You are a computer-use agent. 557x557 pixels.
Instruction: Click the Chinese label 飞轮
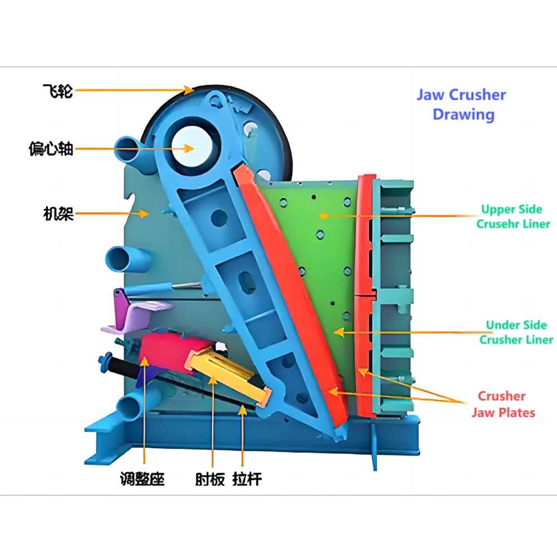click(x=58, y=90)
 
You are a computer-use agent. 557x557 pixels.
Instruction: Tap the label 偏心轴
click(x=51, y=149)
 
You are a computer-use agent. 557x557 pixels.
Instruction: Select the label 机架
click(x=58, y=214)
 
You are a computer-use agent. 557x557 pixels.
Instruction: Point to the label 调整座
click(x=143, y=478)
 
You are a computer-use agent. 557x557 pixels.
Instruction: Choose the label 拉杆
click(x=247, y=478)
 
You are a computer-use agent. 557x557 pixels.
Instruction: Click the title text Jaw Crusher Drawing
click(x=461, y=105)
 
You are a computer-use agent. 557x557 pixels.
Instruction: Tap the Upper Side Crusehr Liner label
click(x=512, y=217)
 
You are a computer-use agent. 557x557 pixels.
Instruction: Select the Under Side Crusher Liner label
click(x=516, y=332)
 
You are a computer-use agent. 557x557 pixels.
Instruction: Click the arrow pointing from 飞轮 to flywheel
click(x=134, y=89)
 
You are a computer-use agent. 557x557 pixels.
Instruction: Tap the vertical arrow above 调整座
click(x=144, y=412)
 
